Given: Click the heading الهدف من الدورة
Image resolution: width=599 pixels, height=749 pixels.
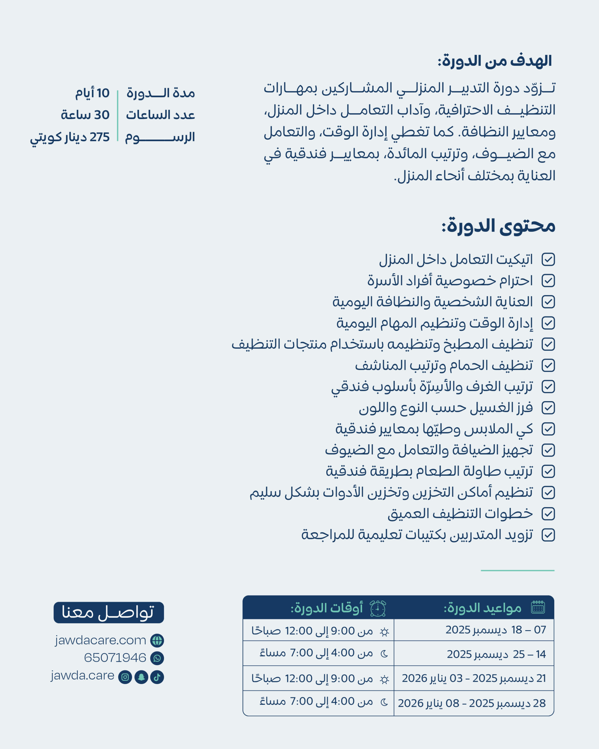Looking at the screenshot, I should point(495,61).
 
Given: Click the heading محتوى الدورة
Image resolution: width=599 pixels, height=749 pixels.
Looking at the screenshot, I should point(498,226).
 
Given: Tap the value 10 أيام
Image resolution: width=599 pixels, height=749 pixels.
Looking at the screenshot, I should point(92,93).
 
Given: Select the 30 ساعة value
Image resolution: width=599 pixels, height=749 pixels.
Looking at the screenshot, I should point(85,115).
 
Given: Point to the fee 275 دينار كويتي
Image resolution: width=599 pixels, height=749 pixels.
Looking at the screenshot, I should point(70,137).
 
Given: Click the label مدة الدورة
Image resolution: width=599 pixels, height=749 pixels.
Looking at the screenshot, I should point(161,93).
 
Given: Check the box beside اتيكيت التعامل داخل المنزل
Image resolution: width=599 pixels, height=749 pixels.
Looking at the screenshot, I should point(548,260).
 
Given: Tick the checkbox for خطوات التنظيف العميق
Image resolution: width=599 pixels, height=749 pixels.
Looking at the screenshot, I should point(548,514).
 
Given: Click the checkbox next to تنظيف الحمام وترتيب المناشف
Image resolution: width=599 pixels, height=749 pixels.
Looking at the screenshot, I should point(548,365).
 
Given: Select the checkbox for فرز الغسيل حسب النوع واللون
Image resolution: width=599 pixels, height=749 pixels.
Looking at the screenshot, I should point(548,408).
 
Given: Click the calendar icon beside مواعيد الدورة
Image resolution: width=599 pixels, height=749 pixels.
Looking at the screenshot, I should point(538,607).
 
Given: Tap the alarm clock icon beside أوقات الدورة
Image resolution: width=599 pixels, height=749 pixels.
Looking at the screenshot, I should point(378,608).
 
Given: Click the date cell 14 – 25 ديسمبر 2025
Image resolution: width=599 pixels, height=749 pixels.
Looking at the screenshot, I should point(496,654).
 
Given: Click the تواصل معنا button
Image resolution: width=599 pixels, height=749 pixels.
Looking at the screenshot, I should point(109,612).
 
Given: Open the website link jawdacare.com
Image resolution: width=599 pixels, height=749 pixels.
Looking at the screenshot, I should point(100,640).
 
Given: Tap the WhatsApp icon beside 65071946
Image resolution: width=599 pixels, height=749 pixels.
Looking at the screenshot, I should point(157,658).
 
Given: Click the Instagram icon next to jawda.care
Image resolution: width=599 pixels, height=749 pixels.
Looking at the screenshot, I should point(125,677).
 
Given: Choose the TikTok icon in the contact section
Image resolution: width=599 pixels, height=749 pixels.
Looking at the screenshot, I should point(157,677).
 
